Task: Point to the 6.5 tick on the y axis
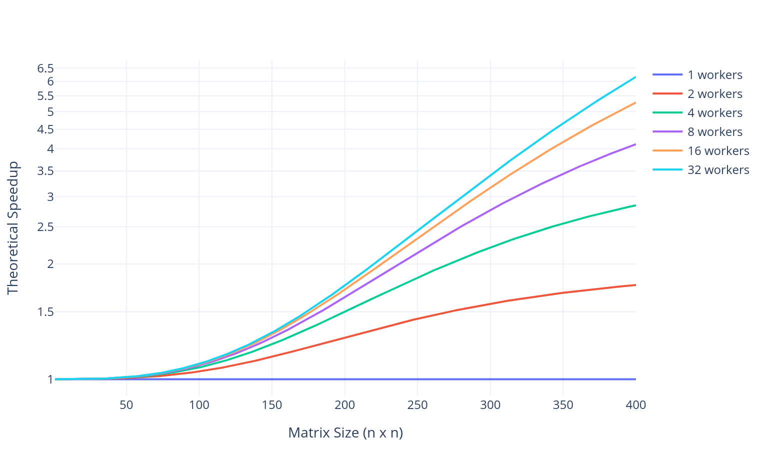pyautogui.click(x=45, y=68)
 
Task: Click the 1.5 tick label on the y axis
pyautogui.click(x=45, y=312)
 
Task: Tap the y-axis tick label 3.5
pyautogui.click(x=45, y=171)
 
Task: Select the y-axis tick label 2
pyautogui.click(x=50, y=264)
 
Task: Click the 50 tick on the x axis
pyautogui.click(x=126, y=405)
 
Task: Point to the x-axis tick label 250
pyautogui.click(x=417, y=405)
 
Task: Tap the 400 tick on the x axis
pyautogui.click(x=635, y=405)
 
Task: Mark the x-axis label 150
pyautogui.click(x=272, y=405)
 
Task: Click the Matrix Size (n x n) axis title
pyautogui.click(x=345, y=433)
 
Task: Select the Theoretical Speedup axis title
pyautogui.click(x=12, y=228)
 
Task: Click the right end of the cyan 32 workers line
pyautogui.click(x=635, y=77)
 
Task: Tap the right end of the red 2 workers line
pyautogui.click(x=635, y=285)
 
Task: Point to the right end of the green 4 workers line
pyautogui.click(x=635, y=205)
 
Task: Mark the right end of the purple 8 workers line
pyautogui.click(x=635, y=144)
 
